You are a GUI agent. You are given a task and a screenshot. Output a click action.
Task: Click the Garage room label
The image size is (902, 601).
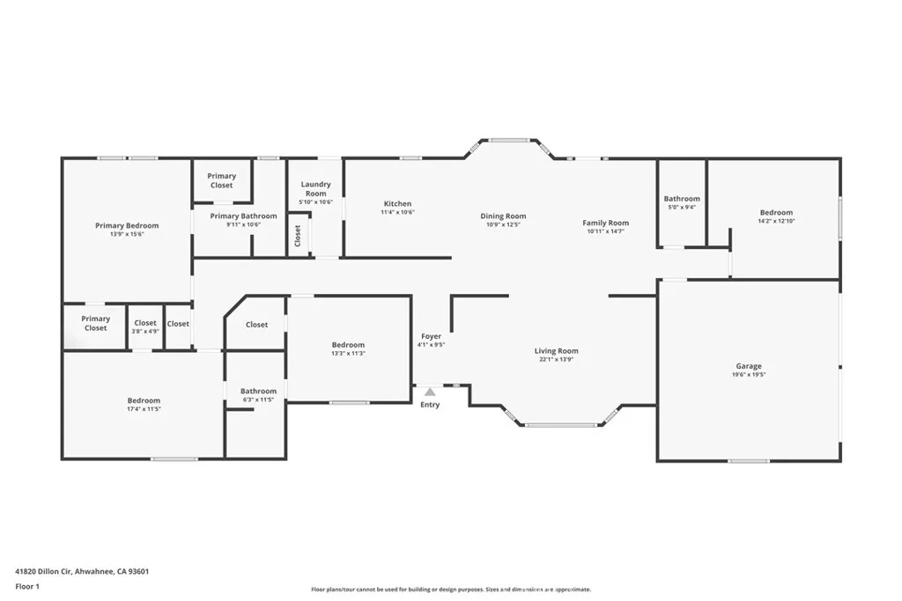pyautogui.click(x=749, y=366)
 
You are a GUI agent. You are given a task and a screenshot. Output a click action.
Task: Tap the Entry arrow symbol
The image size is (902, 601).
pyautogui.click(x=430, y=392)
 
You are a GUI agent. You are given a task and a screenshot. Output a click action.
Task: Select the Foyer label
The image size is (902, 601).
pyautogui.click(x=431, y=336)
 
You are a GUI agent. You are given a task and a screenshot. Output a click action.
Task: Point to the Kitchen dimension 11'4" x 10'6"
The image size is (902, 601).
pyautogui.click(x=397, y=212)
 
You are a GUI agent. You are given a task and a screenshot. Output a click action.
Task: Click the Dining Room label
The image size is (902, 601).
pyautogui.click(x=503, y=216)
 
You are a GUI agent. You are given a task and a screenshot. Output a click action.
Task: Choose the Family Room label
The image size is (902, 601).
pyautogui.click(x=606, y=223)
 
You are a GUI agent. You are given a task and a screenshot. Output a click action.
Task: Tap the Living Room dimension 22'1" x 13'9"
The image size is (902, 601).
pyautogui.click(x=557, y=359)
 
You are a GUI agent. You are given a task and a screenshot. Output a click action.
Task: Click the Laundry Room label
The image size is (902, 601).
pyautogui.click(x=315, y=189)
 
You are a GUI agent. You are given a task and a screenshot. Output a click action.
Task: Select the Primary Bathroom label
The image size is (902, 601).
pyautogui.click(x=243, y=216)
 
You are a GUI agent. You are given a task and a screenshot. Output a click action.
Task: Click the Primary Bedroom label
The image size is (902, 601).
pyautogui.click(x=128, y=225)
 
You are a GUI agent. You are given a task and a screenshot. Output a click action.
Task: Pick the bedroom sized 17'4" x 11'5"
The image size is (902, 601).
pyautogui.click(x=144, y=405)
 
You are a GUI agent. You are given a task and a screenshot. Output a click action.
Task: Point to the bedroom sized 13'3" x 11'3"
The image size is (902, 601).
pyautogui.click(x=348, y=349)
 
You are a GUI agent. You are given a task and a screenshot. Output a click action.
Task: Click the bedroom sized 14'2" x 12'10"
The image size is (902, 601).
pyautogui.click(x=776, y=216)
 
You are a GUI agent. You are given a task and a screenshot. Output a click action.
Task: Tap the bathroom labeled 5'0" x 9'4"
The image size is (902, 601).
pyautogui.click(x=682, y=202)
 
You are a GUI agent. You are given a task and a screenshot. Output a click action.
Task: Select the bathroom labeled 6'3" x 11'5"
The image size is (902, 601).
pyautogui.click(x=258, y=395)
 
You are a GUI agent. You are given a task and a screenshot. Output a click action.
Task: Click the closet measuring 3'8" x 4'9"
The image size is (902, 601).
pyautogui.click(x=145, y=327)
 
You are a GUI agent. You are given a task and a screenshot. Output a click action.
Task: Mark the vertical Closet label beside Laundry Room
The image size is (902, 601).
pyautogui.click(x=299, y=236)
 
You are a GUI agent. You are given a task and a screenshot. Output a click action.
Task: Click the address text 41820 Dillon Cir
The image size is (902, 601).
pyautogui.click(x=82, y=571)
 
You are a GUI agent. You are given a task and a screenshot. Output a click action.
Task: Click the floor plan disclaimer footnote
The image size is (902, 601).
pyautogui.click(x=450, y=590)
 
